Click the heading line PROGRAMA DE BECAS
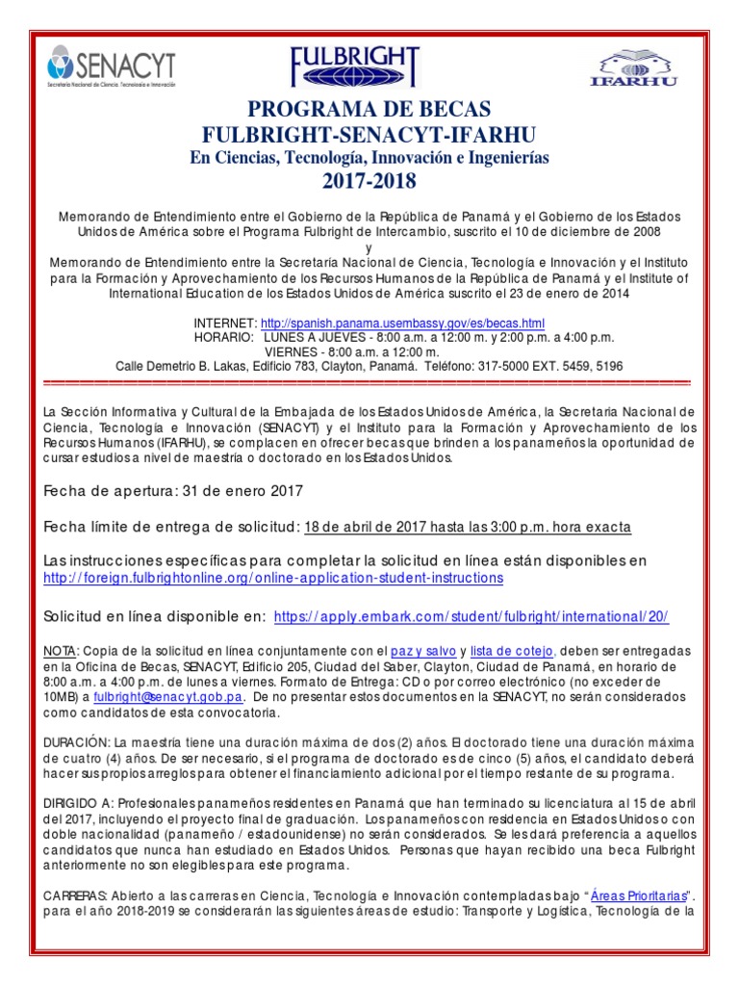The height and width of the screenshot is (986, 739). click(369, 108)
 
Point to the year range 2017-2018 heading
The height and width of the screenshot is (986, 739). click(369, 180)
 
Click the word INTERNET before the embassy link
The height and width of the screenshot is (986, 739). click(225, 324)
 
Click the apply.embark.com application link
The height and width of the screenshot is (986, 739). click(471, 616)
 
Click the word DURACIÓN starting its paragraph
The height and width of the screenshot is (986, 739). click(77, 742)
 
